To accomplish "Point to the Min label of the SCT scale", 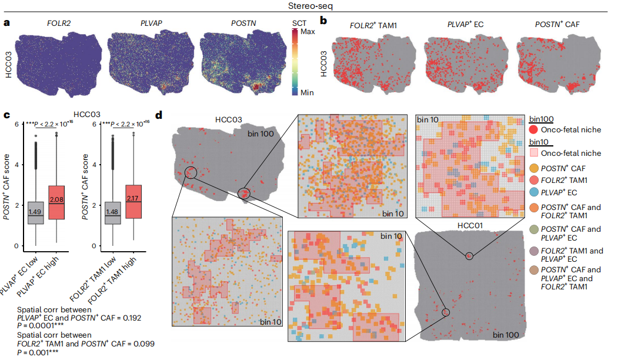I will (x=307, y=92).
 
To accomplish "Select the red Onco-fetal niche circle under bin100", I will (x=534, y=129).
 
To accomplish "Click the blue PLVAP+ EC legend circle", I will (x=534, y=192).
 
